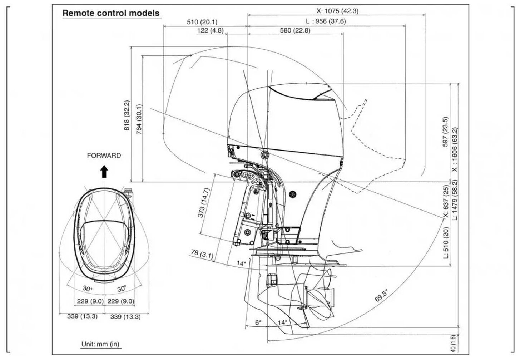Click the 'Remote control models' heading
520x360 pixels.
[x=111, y=13]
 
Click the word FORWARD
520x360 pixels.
[x=104, y=156]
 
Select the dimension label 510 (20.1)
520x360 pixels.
[x=202, y=22]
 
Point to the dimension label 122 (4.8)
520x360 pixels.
[x=210, y=31]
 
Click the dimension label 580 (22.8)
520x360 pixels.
[x=295, y=31]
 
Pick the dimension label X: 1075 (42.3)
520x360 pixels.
[x=337, y=11]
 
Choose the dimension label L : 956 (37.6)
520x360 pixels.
[x=326, y=21]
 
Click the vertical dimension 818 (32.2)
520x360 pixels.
[x=127, y=115]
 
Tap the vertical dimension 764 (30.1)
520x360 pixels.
[x=139, y=119]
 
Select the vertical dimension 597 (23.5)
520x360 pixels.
[x=445, y=131]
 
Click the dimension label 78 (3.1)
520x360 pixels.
[x=202, y=254]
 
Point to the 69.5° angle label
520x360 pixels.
[x=381, y=296]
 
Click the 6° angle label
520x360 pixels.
[x=258, y=322]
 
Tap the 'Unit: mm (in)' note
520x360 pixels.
[x=100, y=344]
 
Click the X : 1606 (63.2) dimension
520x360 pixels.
[x=455, y=149]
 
